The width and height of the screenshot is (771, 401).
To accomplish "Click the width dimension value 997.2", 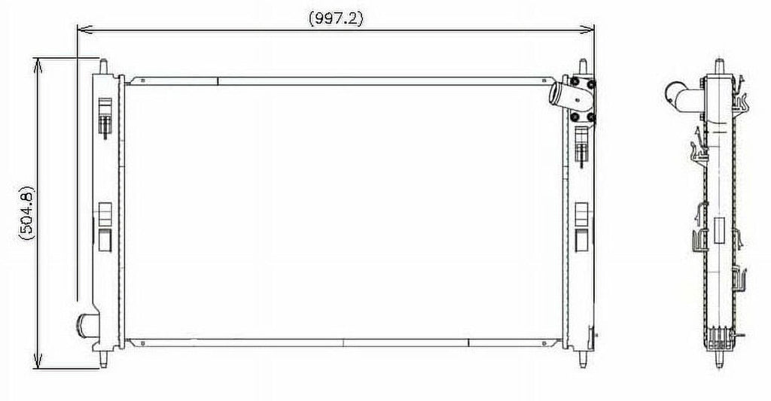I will point(336,20).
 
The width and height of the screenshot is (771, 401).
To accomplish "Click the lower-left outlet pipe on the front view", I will point(85,326).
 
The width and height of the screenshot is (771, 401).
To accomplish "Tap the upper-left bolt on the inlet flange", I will point(575,82).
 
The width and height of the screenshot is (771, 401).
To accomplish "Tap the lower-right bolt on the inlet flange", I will point(591,117).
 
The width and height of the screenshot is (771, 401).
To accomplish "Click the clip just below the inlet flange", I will point(581,144).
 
